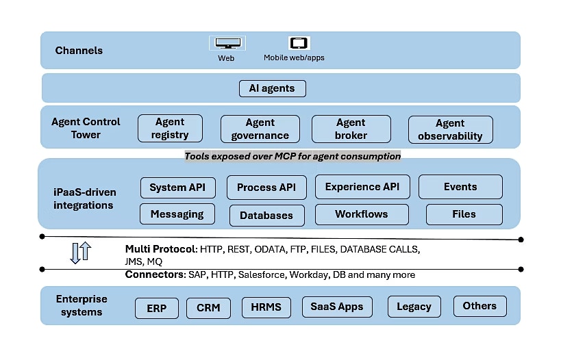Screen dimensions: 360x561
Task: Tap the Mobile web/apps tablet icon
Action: coord(298,43)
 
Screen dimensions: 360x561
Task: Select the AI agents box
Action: coord(272,88)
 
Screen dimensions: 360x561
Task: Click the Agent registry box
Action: coord(170,129)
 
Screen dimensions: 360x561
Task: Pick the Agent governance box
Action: coord(260,129)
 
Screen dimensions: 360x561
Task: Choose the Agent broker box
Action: coord(351,129)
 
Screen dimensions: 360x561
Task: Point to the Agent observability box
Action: coord(450,129)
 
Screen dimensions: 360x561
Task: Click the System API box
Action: coord(177,188)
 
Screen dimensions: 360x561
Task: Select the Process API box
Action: coord(266,188)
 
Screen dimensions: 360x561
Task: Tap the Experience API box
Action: coord(362,187)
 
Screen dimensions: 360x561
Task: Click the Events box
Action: coord(460,187)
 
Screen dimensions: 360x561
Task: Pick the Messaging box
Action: coord(177,214)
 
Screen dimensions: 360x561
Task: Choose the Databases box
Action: coord(266,215)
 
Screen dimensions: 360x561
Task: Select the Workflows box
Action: coord(362,214)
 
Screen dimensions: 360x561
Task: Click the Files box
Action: coord(464,214)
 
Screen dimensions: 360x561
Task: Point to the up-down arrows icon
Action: coord(80,253)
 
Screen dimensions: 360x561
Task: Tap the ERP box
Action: coord(156,307)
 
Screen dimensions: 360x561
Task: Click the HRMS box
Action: coord(266,307)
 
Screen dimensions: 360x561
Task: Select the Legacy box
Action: coord(414,307)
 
